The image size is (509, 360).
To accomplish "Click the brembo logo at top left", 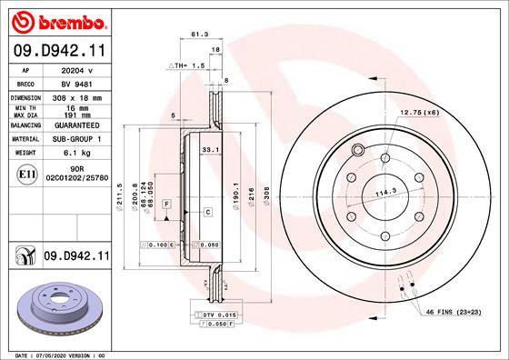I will click(x=57, y=19).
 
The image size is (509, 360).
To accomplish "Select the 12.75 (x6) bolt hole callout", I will click(x=419, y=112).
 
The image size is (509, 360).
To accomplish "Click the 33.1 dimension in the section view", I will click(x=208, y=148).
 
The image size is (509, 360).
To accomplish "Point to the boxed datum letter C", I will click(x=208, y=212).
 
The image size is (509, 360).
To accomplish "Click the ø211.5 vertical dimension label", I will click(x=121, y=195).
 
